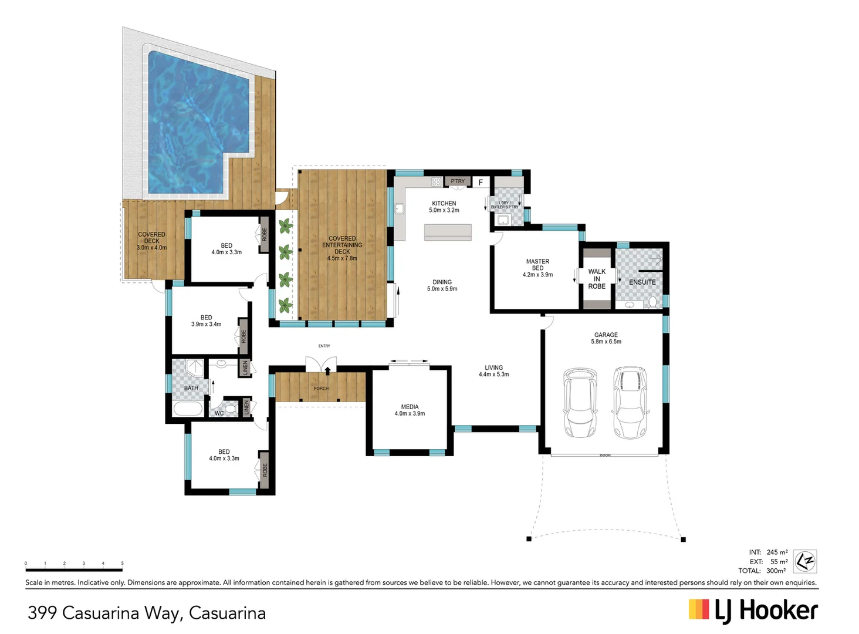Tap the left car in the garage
click(580, 403)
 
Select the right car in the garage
click(630, 403)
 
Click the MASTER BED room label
click(537, 265)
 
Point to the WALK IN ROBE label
click(597, 279)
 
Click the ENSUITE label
click(642, 282)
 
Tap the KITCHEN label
click(444, 204)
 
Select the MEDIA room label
click(410, 407)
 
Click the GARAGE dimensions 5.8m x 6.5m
click(606, 342)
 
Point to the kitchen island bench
click(448, 232)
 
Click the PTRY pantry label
click(458, 181)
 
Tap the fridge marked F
click(481, 183)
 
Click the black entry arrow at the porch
click(327, 370)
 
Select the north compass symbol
click(804, 561)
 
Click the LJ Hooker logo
click(753, 611)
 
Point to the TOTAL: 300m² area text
click(762, 571)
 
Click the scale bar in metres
click(74, 569)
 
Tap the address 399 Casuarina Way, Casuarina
click(147, 613)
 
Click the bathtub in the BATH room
click(188, 409)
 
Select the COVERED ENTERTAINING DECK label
click(342, 245)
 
